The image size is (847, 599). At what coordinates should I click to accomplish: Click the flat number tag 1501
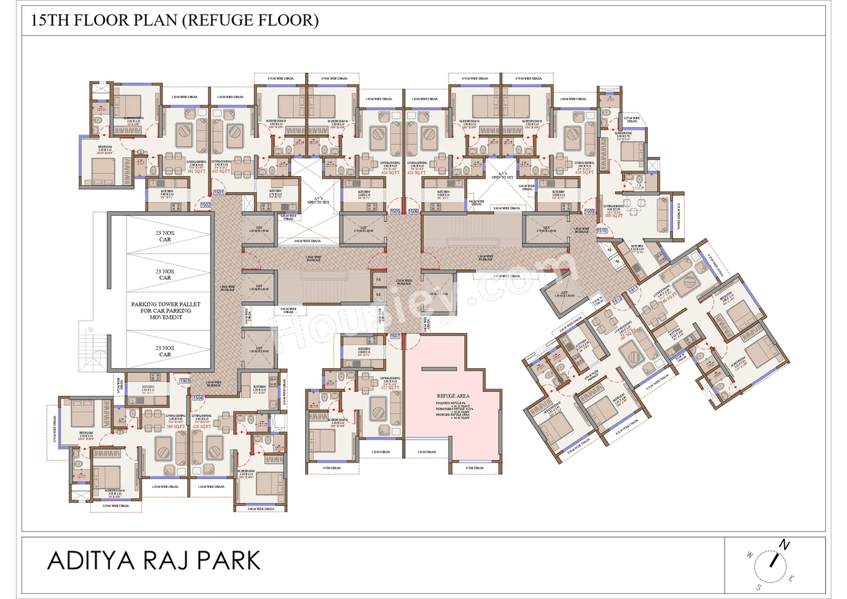point(220,193)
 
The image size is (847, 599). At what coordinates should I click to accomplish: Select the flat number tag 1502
point(206,205)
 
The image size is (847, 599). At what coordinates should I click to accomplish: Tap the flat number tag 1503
point(185,381)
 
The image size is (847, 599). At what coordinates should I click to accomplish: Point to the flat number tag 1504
point(197,397)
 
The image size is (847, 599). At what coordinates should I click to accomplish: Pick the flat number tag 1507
point(396,336)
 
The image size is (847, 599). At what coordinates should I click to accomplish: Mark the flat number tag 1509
point(589,212)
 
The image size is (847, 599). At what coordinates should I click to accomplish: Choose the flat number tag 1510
point(602,230)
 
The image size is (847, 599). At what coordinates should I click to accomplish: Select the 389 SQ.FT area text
point(613,215)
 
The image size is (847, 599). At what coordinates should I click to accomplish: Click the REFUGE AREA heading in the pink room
point(453,394)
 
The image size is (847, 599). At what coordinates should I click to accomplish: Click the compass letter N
point(784,545)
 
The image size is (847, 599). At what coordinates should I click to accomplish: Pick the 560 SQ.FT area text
point(156,427)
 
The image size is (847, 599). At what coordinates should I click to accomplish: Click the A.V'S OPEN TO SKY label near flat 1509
point(502,175)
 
